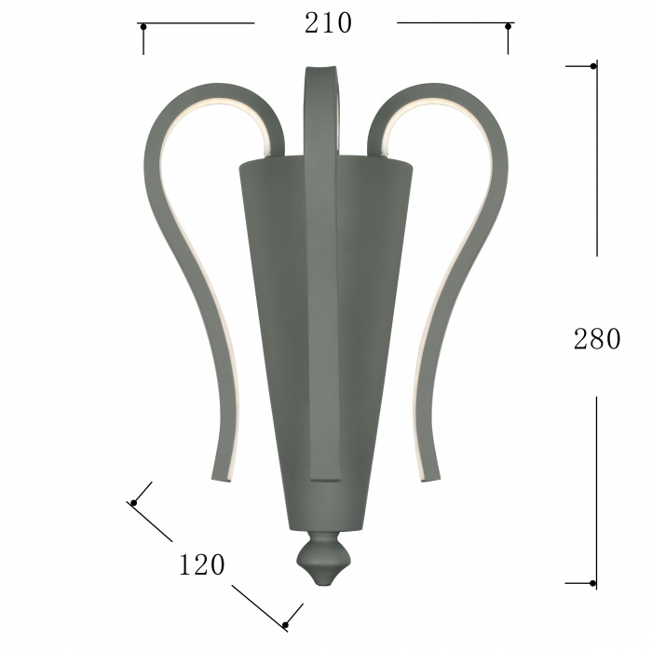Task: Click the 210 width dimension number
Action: (x=328, y=23)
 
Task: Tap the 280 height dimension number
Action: (x=597, y=339)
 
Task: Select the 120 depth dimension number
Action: (x=202, y=564)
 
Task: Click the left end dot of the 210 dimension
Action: (x=143, y=27)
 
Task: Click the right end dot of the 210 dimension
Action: (x=508, y=27)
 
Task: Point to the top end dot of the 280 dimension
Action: (x=593, y=66)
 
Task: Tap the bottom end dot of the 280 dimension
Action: (x=592, y=583)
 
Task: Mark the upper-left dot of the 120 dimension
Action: (x=134, y=503)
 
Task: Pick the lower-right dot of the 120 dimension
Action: (x=285, y=625)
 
